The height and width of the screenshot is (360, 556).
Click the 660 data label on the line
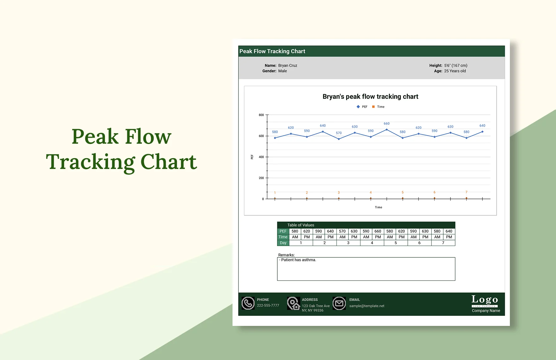tap(386, 123)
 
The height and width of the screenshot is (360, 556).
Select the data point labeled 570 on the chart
tap(339, 139)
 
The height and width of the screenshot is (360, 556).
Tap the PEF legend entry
tap(362, 107)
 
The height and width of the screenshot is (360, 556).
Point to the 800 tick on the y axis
tap(261, 115)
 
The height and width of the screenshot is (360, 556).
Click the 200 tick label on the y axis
tap(261, 178)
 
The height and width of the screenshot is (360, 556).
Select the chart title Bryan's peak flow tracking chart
tap(370, 97)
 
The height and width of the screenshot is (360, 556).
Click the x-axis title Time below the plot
tap(378, 207)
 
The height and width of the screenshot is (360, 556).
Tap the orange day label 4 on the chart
tap(371, 192)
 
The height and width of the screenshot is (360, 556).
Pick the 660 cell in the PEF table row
tap(378, 231)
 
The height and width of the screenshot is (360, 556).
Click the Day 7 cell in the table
tap(443, 243)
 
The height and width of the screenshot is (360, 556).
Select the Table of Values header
tap(301, 225)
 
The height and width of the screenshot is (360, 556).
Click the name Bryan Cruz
tap(287, 65)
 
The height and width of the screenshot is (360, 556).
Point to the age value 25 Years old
tap(455, 71)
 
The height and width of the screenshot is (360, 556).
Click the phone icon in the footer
tap(248, 303)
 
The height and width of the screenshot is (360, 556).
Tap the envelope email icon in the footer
tap(339, 303)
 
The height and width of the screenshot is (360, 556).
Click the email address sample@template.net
tap(367, 306)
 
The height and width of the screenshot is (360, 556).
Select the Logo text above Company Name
tap(485, 299)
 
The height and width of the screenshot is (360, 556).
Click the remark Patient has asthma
tap(298, 260)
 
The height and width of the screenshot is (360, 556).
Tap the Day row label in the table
tap(283, 243)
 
